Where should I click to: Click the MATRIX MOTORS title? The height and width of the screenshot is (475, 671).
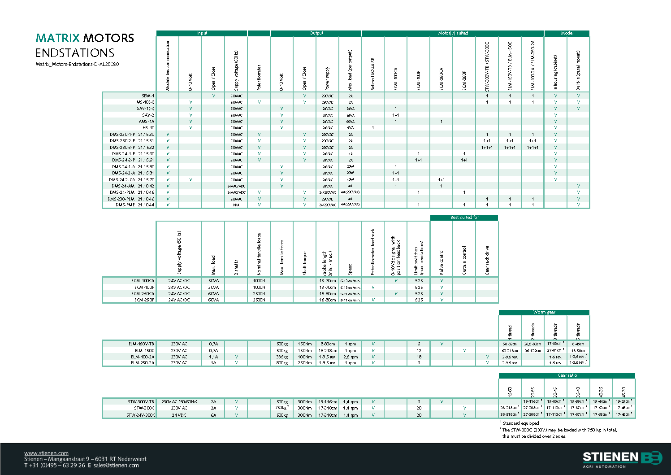click(85, 38)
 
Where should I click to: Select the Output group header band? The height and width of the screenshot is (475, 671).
click(316, 33)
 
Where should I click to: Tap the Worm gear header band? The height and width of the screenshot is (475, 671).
click(544, 312)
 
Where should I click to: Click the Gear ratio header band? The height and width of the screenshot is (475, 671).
click(567, 375)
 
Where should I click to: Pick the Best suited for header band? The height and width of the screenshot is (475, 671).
click(464, 218)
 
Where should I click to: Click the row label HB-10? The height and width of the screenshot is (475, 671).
click(148, 128)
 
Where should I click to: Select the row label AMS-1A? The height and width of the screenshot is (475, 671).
click(147, 122)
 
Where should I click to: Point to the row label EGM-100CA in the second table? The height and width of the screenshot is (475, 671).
click(143, 281)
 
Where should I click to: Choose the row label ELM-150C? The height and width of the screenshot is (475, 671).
click(144, 351)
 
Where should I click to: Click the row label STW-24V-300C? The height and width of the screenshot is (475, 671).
click(140, 415)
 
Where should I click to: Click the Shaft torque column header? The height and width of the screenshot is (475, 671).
click(305, 263)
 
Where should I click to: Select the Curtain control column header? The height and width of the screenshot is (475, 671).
click(464, 260)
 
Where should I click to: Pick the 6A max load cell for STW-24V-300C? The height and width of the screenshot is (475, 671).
click(213, 415)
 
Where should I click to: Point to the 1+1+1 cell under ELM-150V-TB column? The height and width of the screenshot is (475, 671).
click(510, 148)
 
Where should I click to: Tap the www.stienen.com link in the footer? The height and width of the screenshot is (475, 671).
click(46, 453)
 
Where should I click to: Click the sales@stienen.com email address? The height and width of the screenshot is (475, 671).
click(116, 465)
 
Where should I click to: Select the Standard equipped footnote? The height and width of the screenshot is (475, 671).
click(520, 423)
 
